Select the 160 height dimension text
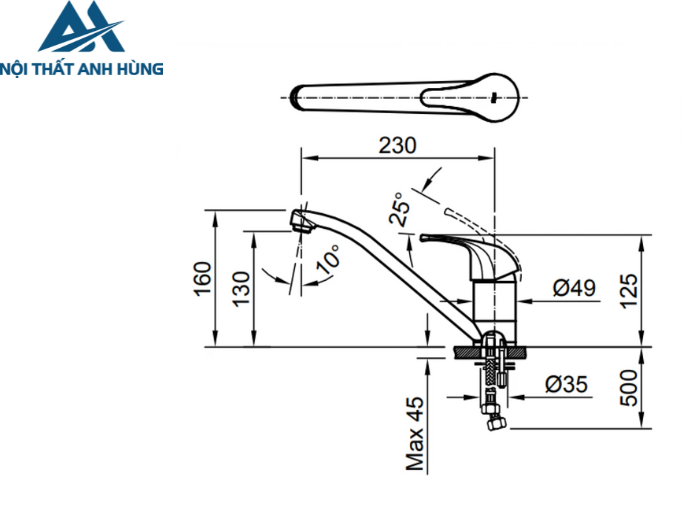point(203,278)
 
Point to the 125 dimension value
point(629,290)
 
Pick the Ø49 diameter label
point(574,288)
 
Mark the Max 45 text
point(416,431)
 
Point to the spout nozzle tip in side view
point(299,220)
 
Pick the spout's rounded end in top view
point(298,98)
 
